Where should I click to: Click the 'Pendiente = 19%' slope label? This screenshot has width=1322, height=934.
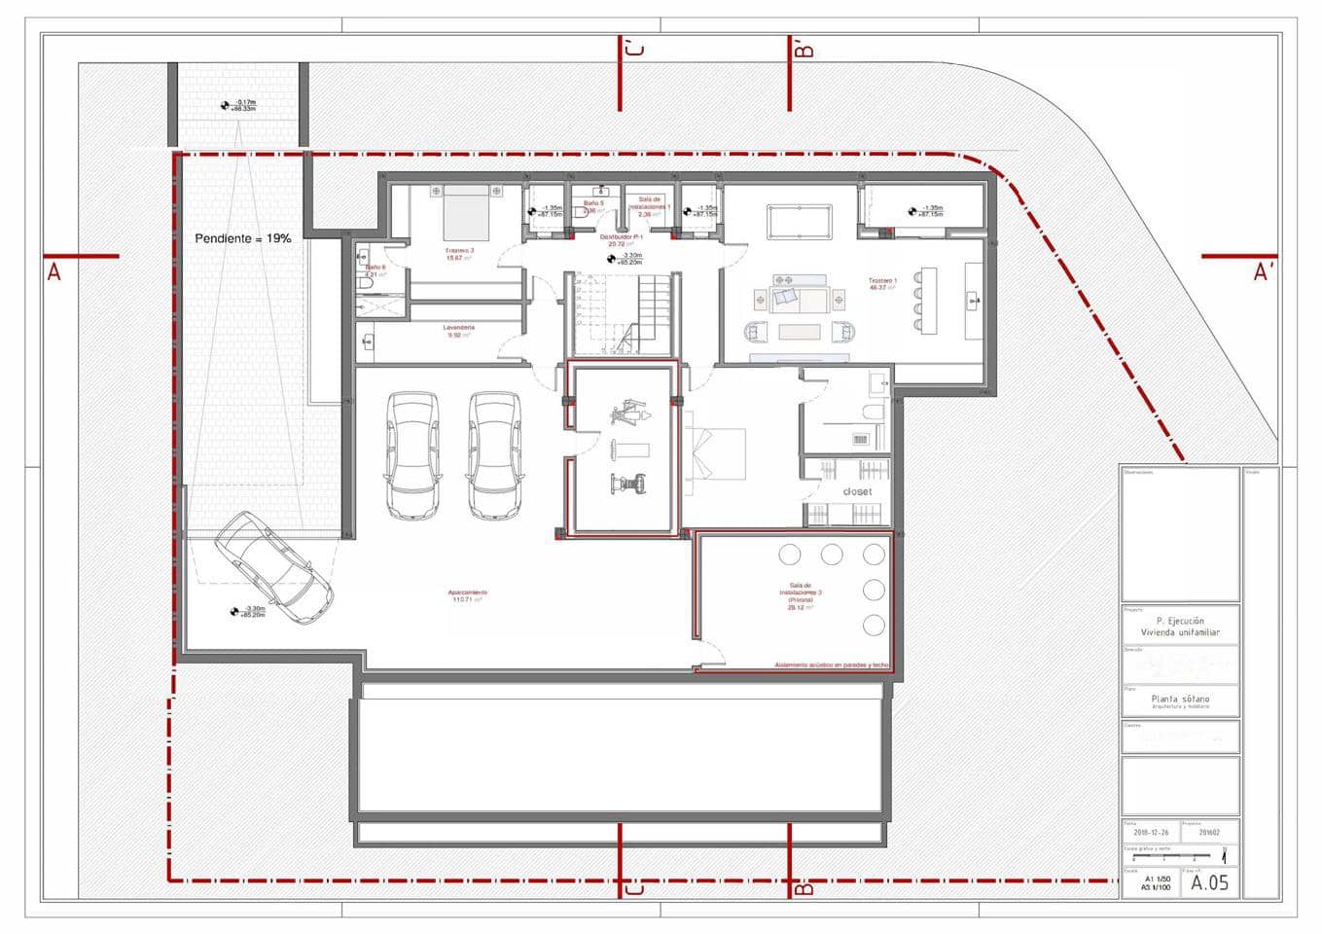tap(242, 238)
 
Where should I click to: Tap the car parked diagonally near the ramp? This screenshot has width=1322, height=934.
tap(273, 568)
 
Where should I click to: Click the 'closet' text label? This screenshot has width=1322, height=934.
tap(857, 491)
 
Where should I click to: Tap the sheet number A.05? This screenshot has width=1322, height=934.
tap(1209, 882)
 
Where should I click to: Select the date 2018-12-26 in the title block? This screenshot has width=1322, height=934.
tap(1151, 833)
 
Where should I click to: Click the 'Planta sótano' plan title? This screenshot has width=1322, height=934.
tap(1180, 699)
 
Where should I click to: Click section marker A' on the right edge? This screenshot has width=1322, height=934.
tap(1263, 273)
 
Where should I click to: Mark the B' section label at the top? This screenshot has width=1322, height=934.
tap(804, 49)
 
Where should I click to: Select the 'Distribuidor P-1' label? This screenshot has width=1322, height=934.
tap(623, 237)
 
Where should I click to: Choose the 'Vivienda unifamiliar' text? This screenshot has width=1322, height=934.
tap(1180, 632)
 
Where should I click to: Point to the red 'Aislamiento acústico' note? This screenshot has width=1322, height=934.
tap(831, 665)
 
